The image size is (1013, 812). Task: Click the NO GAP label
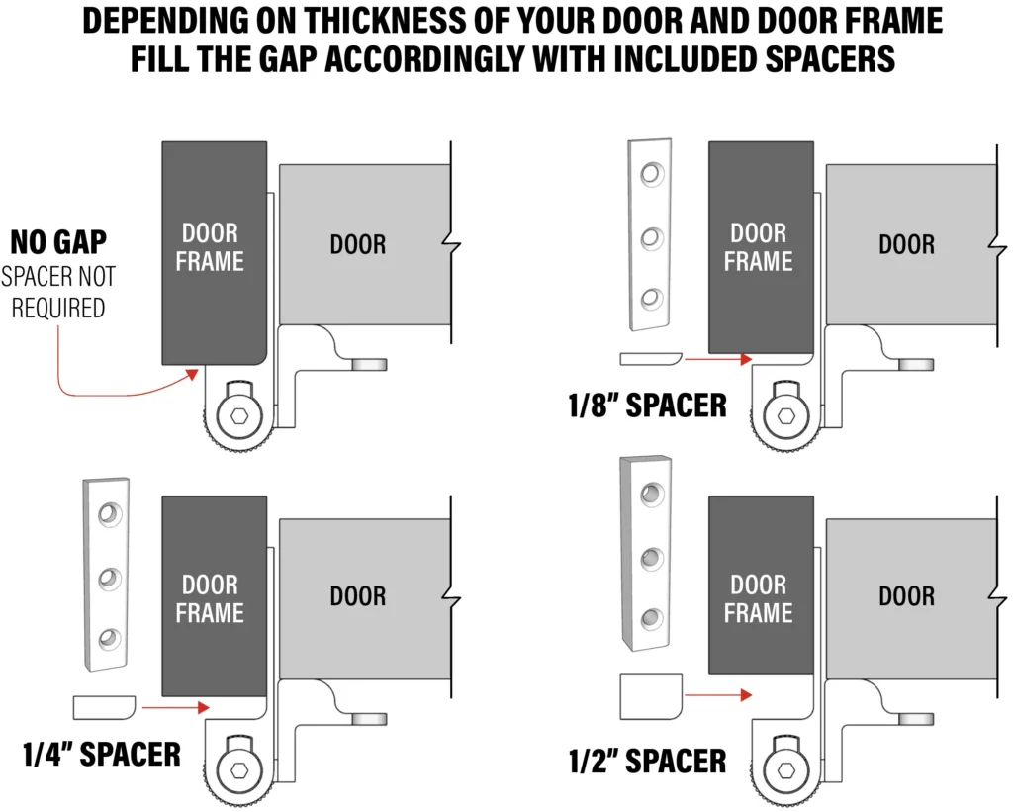point(58,243)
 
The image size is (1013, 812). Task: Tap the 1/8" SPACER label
point(647,406)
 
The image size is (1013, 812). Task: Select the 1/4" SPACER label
point(102,755)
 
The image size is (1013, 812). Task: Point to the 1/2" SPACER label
point(647,761)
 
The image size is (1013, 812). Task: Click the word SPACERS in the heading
point(830,58)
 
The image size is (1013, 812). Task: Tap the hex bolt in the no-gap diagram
point(239,416)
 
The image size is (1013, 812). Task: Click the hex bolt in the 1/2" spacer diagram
point(786,770)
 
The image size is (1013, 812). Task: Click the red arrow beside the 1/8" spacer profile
point(718,359)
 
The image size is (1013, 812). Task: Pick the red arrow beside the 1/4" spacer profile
point(176,708)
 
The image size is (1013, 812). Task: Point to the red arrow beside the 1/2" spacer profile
point(718,695)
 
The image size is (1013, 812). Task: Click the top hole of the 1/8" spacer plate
point(652,174)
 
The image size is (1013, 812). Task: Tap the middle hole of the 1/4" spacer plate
point(109,579)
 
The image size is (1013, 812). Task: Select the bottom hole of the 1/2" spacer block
point(651,619)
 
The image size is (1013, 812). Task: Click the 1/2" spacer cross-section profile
point(651,696)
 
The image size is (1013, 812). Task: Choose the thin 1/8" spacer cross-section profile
point(651,358)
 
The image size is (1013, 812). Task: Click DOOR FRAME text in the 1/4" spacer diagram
point(210,598)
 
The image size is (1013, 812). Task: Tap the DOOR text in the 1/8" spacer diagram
point(906,245)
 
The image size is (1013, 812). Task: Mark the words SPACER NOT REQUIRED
point(58,292)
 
